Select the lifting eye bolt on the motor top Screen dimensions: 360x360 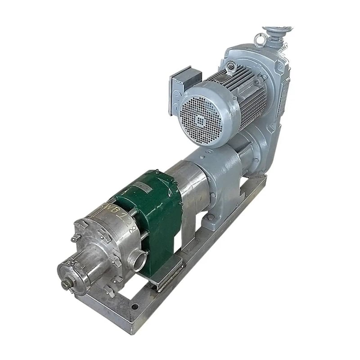pyautogui.click(x=231, y=67)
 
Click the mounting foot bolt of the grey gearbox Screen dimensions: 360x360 pyautogui.click(x=210, y=219)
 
